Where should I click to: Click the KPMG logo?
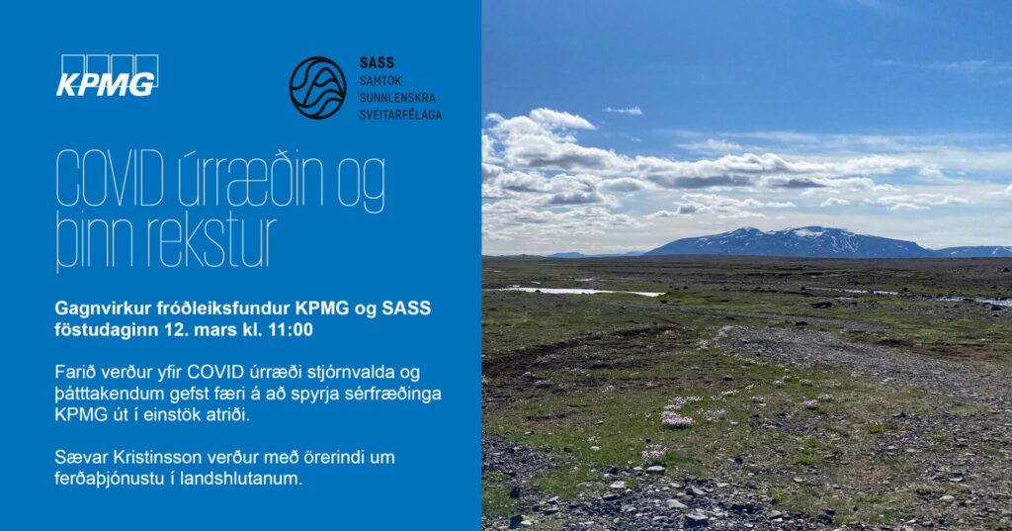107,75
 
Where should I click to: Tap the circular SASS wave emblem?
317,88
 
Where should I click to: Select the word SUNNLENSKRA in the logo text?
397,98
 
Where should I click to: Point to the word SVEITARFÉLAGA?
401,115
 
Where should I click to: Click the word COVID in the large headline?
110,180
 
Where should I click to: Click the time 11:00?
291,329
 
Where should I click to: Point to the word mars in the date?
218,330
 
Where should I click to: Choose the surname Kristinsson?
158,458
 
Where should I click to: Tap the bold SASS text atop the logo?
377,62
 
